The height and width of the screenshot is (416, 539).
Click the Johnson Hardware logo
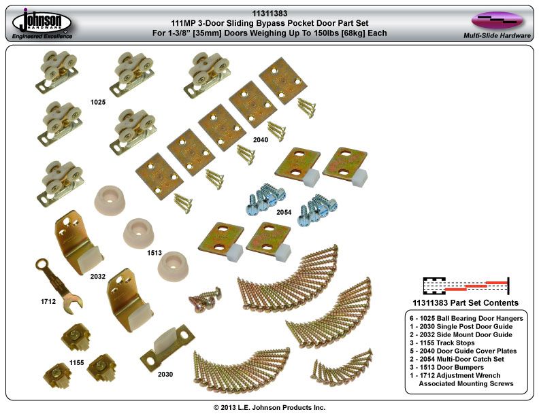tap(42, 20)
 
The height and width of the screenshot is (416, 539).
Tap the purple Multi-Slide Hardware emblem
tap(497, 19)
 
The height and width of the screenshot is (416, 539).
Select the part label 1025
tap(99, 102)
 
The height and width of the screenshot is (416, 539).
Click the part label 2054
tap(284, 213)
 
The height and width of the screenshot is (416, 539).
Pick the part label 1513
tap(155, 252)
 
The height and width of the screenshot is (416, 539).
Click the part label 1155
tap(76, 362)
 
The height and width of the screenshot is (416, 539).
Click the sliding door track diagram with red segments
tap(465, 284)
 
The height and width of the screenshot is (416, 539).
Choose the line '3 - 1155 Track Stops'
tap(446, 343)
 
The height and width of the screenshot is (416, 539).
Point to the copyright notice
tap(269, 407)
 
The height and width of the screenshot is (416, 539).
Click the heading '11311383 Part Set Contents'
tap(465, 302)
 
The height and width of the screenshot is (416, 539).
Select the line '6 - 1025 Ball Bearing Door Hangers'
tap(465, 318)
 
